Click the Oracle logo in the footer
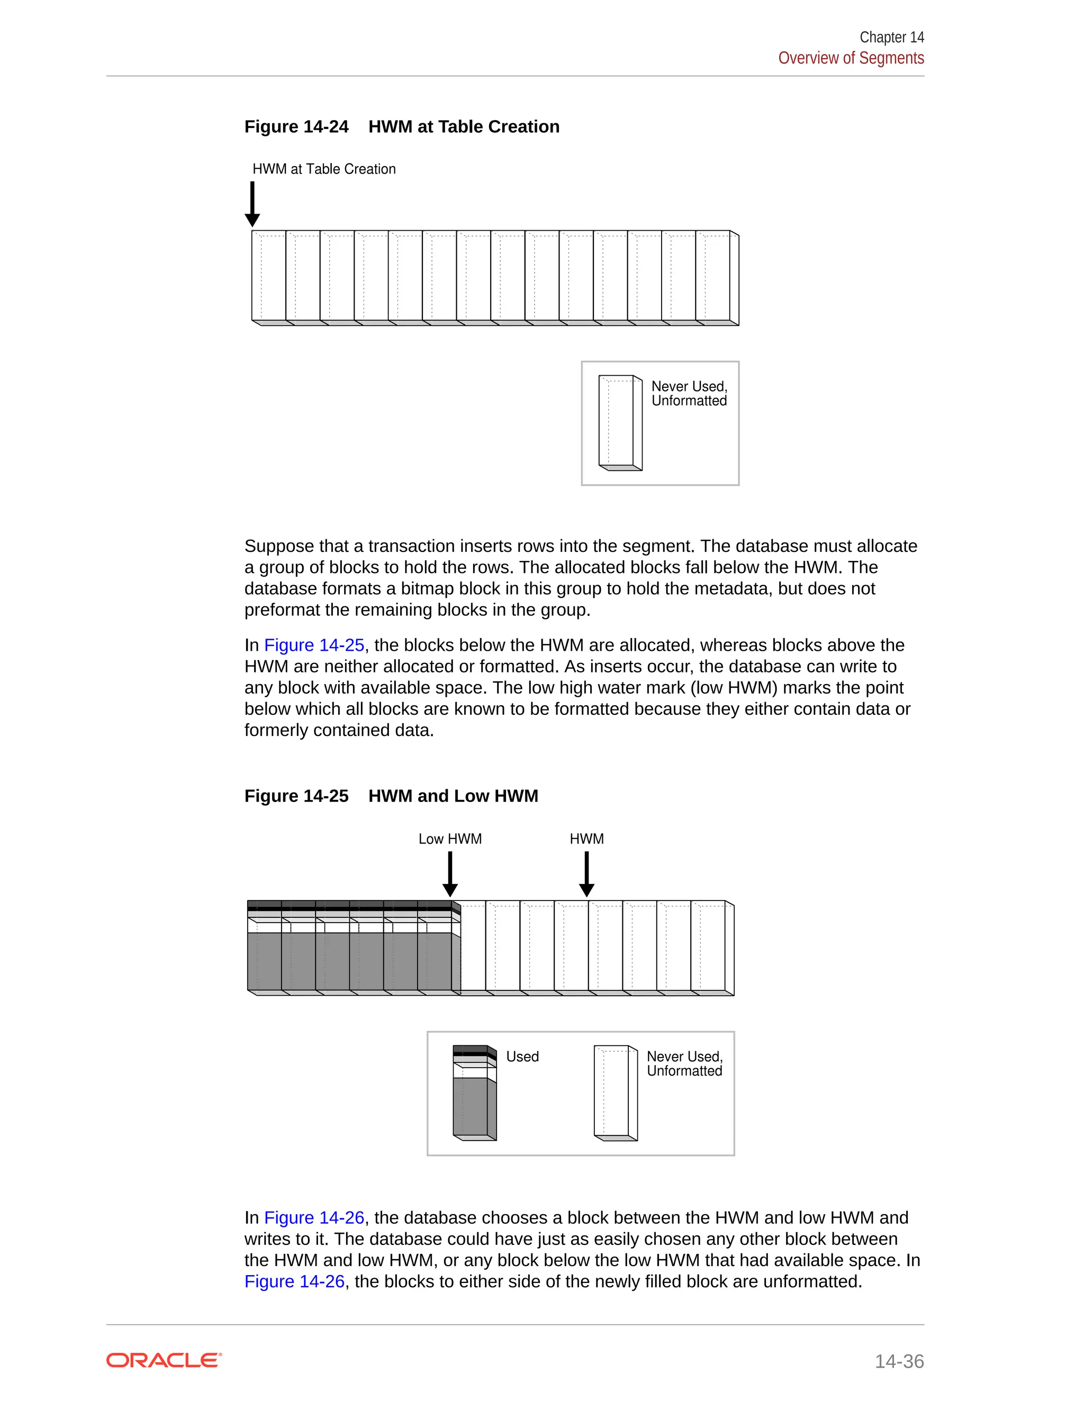click(x=164, y=1360)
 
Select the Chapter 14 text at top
click(x=891, y=37)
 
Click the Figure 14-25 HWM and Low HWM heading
click(x=391, y=796)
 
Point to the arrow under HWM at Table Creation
click(x=252, y=204)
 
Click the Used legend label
click(x=522, y=1057)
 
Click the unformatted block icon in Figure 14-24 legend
click(x=620, y=422)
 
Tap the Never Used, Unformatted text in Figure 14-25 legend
click(x=684, y=1064)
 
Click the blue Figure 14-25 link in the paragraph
click(x=314, y=645)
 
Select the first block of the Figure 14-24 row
click(x=268, y=276)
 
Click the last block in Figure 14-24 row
click(x=716, y=276)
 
